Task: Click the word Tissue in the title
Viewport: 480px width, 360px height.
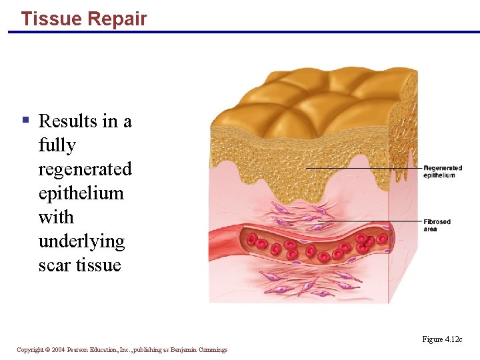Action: coord(51,19)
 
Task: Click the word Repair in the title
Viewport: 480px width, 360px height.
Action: coord(116,19)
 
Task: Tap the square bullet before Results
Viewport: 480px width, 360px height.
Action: coord(25,121)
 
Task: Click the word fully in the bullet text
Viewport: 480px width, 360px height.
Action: coord(57,145)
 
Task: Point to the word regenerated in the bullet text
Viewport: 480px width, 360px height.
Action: coord(85,169)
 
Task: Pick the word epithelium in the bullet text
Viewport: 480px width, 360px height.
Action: coord(81,193)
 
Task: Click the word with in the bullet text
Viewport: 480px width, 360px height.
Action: coord(55,217)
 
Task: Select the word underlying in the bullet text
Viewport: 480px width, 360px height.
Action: coord(81,241)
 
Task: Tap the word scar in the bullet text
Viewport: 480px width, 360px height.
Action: coord(55,265)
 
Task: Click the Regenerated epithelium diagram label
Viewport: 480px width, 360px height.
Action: coord(443,172)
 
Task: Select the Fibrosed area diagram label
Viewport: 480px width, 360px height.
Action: coord(437,225)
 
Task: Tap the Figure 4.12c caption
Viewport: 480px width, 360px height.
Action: coord(442,340)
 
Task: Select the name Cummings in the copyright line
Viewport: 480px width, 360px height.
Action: coord(212,350)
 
